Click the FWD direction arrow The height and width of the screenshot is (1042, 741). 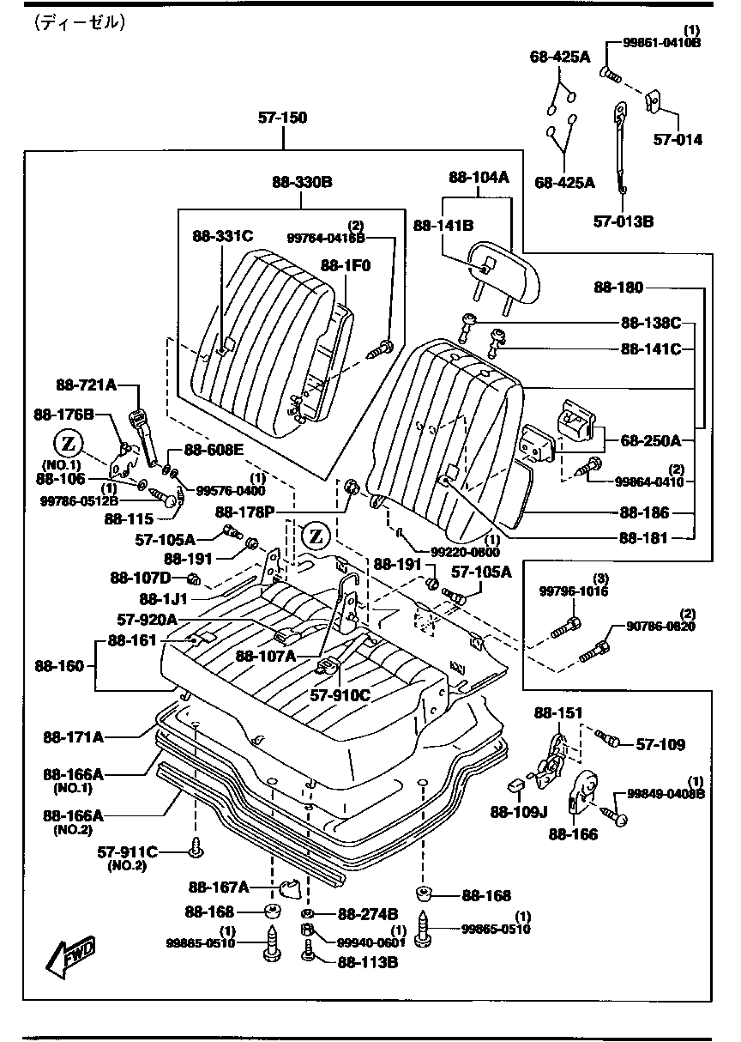tap(71, 958)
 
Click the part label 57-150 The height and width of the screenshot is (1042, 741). tap(282, 118)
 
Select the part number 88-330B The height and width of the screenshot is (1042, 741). tap(302, 182)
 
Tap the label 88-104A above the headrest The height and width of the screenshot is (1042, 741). tap(479, 178)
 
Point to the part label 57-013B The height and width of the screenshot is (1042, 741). tap(624, 221)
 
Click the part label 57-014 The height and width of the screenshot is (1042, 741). tap(678, 139)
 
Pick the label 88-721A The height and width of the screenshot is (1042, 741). tap(87, 385)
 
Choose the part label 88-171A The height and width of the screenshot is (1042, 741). tap(74, 736)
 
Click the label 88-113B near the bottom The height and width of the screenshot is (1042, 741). tap(367, 962)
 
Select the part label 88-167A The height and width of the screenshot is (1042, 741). tap(219, 886)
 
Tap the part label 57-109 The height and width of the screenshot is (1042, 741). tap(660, 745)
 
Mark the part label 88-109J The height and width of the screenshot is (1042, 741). tap(517, 812)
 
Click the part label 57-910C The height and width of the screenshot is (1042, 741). tap(340, 695)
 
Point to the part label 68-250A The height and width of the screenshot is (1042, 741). tap(651, 441)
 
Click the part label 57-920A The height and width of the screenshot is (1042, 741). tap(148, 619)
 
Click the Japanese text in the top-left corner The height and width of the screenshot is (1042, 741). tap(81, 24)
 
